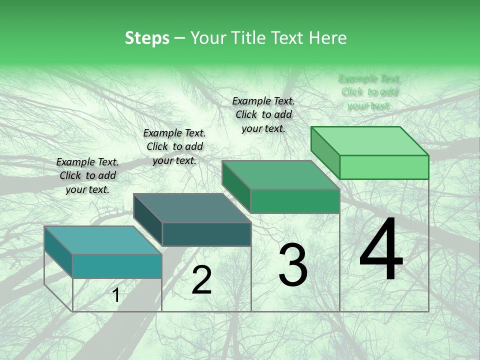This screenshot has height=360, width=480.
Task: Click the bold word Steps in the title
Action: [x=147, y=38]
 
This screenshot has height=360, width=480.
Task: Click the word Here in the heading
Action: [x=327, y=38]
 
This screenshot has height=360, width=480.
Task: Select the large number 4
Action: [x=381, y=250]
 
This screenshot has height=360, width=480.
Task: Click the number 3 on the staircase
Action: [x=293, y=265]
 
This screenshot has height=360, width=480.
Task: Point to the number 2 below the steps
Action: [x=201, y=280]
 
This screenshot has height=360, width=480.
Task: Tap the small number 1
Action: [x=116, y=295]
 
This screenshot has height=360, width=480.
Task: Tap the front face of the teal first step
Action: [x=117, y=266]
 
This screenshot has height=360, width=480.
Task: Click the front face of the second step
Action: [x=206, y=234]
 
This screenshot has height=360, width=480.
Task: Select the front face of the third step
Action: [x=295, y=201]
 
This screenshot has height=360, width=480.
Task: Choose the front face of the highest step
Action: [x=384, y=167]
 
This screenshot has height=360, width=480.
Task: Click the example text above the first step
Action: [x=87, y=175]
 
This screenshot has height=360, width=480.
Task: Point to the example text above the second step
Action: [x=174, y=146]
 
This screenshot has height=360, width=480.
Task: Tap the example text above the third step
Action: [x=263, y=114]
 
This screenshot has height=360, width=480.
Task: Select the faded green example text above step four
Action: [x=369, y=92]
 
